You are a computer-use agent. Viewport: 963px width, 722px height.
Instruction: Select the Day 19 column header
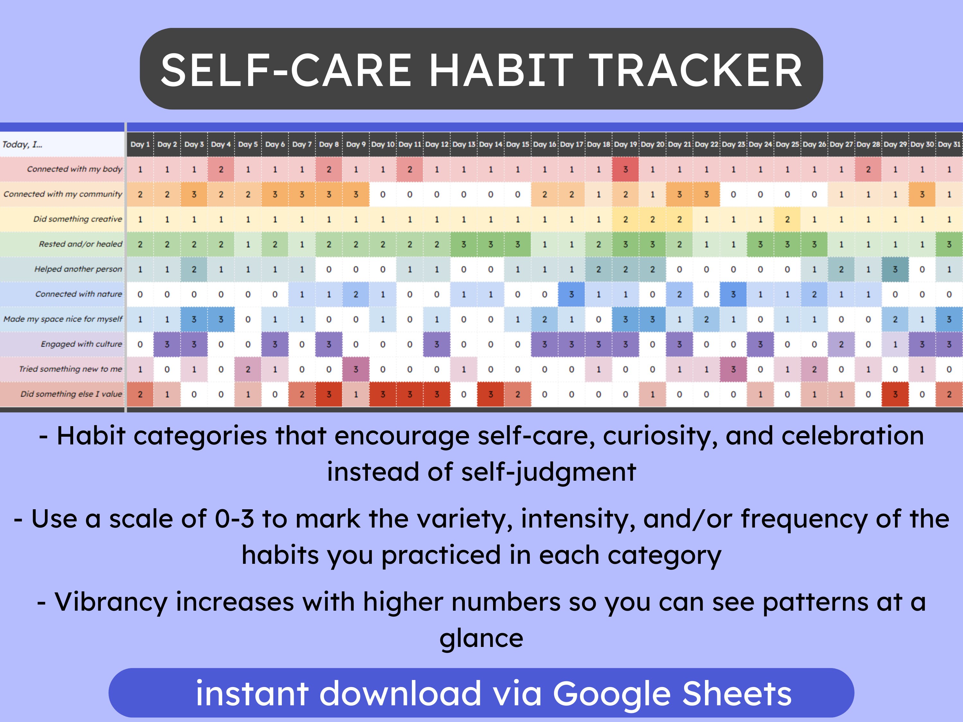[625, 144]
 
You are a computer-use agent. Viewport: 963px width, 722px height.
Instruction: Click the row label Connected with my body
[74, 169]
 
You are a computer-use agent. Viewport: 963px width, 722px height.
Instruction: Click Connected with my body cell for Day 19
[625, 170]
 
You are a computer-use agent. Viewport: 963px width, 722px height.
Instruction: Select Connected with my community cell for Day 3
[194, 194]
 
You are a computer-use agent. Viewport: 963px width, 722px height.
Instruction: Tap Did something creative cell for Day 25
[787, 220]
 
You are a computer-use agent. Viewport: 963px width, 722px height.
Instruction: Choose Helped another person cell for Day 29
[895, 270]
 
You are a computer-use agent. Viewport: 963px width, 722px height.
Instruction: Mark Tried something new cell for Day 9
[356, 369]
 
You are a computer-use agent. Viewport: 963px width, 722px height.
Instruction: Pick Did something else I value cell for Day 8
[329, 395]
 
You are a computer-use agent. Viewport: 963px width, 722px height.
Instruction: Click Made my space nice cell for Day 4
[221, 319]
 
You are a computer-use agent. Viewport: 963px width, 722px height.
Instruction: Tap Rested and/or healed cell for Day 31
[949, 245]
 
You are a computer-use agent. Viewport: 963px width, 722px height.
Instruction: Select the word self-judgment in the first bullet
[549, 472]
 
